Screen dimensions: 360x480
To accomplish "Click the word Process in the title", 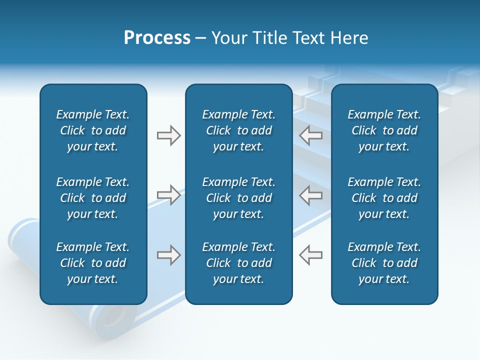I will tap(157, 38).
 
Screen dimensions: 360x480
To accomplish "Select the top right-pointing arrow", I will tap(168, 135).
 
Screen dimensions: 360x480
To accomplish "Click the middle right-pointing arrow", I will tap(168, 195).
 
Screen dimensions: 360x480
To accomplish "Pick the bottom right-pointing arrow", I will tap(168, 255).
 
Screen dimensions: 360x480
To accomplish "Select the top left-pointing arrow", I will tap(311, 135).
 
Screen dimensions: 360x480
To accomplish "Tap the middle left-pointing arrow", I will tap(311, 195).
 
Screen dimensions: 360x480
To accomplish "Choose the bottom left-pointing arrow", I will tap(311, 255).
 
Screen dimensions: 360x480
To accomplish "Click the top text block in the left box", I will tap(93, 130).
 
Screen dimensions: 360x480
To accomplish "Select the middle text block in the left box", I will tap(93, 198).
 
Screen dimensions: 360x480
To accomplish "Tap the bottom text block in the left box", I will tap(93, 263).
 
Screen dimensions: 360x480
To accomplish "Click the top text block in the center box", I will tap(238, 130).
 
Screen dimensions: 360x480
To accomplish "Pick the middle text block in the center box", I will tap(238, 198).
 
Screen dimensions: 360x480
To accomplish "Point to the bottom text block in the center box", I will tap(238, 263).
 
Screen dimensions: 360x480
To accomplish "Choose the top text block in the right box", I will tap(384, 130).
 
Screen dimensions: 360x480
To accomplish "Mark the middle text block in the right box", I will tap(384, 198).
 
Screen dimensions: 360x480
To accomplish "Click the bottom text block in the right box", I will tap(384, 263).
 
